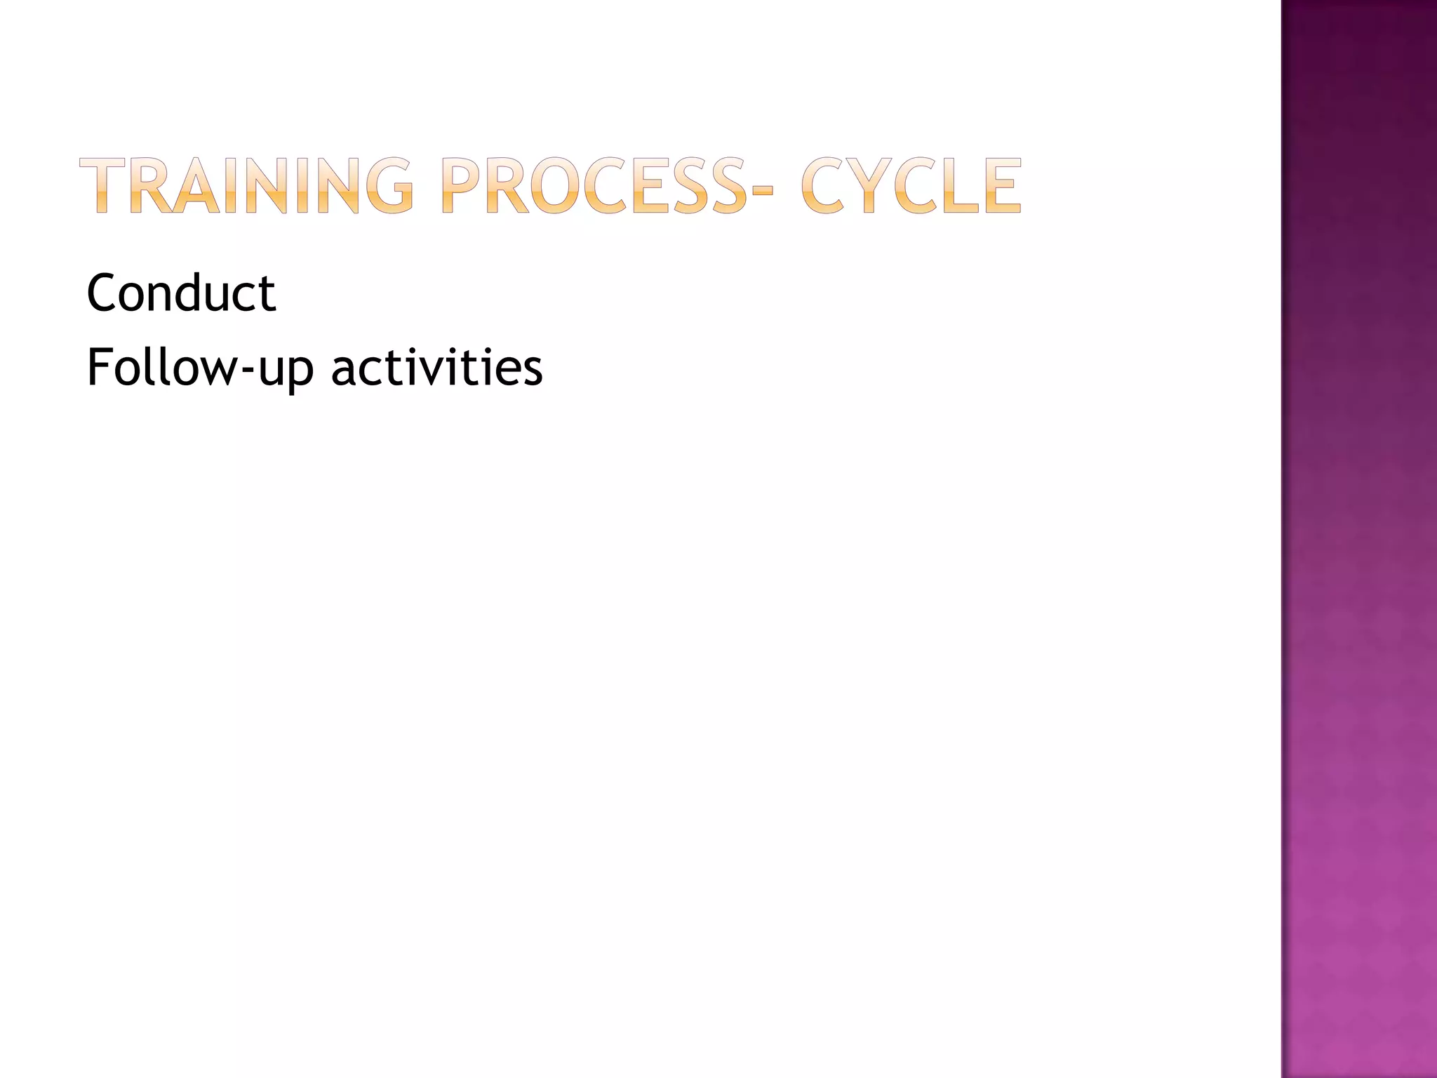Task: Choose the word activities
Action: (x=436, y=366)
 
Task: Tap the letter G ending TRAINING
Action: (x=385, y=185)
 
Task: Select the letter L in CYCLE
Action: (x=960, y=185)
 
